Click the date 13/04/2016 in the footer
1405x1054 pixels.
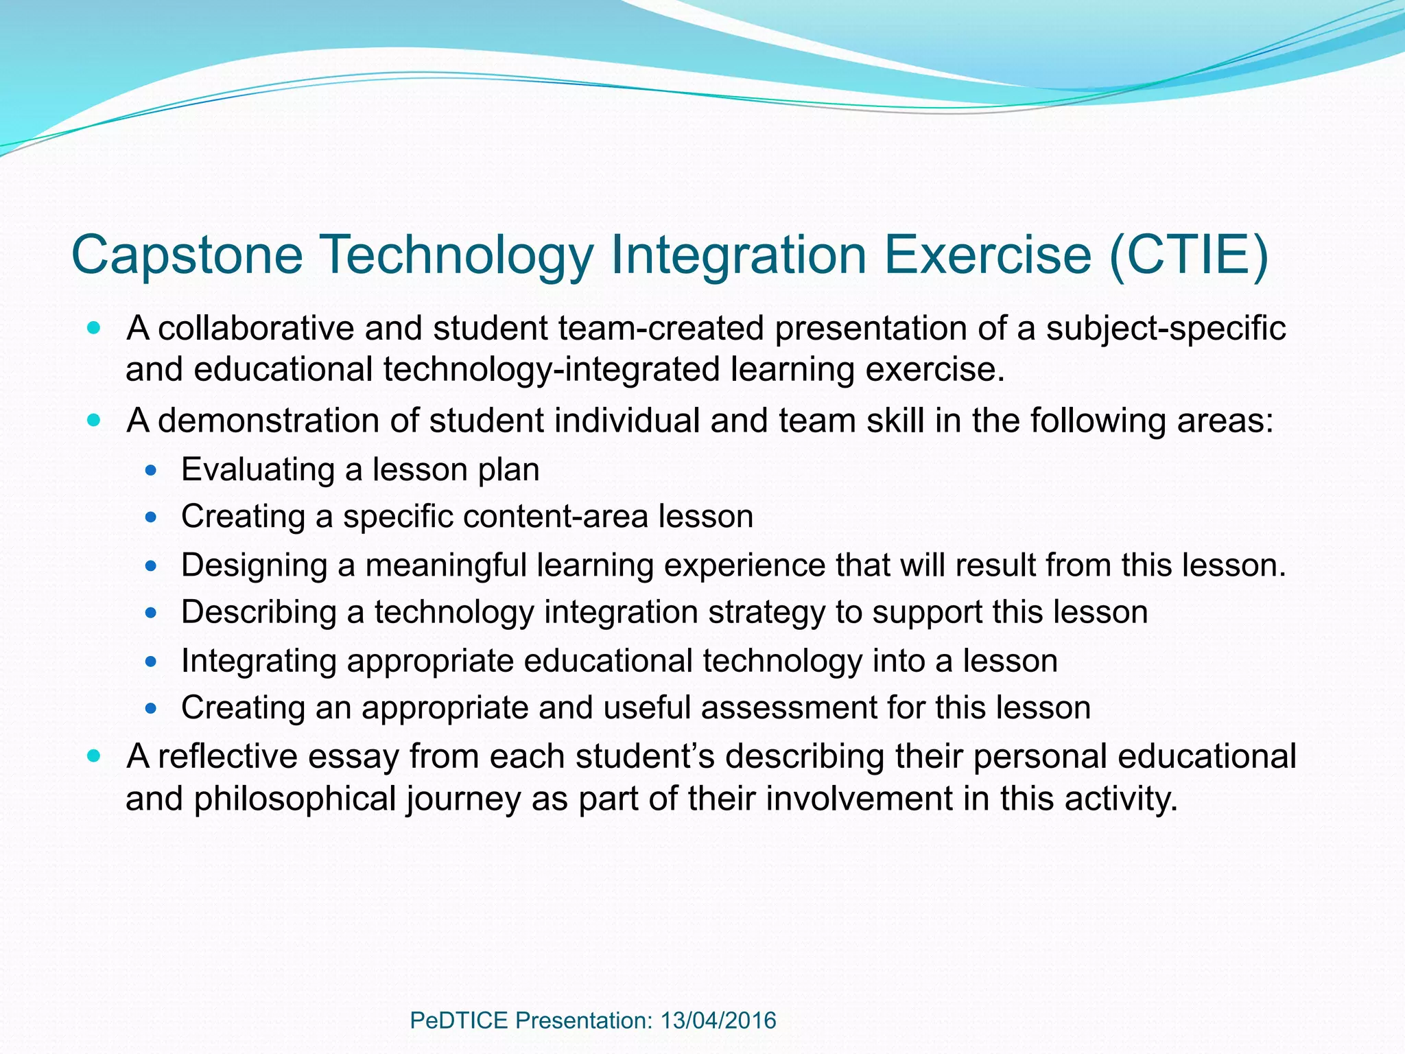718,1020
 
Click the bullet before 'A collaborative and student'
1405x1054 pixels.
94,327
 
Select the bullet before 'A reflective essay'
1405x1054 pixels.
94,756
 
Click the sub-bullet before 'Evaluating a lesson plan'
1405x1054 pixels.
152,471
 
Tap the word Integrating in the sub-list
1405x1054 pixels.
259,661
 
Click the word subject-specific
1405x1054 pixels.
1166,328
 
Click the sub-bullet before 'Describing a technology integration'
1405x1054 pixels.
152,613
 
